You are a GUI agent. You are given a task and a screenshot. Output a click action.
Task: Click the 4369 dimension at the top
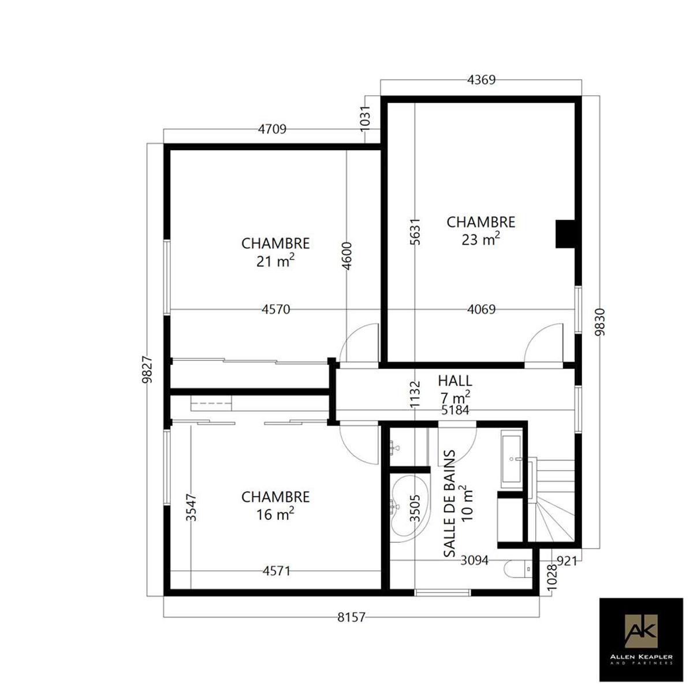481,80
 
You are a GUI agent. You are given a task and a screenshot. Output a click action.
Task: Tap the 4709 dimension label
272,129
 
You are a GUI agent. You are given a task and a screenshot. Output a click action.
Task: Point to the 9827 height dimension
147,370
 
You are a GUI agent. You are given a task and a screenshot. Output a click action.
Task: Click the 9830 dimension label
600,322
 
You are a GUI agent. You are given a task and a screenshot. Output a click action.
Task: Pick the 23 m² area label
481,240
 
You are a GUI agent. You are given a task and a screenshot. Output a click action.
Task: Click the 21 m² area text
275,261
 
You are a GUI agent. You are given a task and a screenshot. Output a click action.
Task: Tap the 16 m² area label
275,515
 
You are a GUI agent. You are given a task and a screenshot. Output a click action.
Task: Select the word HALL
455,381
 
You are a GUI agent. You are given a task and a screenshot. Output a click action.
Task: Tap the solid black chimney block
565,234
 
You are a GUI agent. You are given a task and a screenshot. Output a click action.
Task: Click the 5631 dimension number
415,232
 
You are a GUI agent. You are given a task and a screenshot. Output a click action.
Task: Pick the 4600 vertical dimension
346,256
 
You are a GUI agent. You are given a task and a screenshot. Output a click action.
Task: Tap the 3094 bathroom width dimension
474,560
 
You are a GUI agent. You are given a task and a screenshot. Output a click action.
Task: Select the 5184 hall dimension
455,410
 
